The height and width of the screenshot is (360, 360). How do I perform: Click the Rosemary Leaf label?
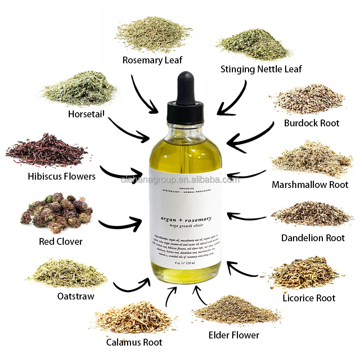(152, 60)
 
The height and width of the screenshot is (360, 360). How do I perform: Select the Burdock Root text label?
(311, 123)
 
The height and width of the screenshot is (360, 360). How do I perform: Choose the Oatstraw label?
(76, 296)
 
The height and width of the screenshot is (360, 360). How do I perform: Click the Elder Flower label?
(234, 335)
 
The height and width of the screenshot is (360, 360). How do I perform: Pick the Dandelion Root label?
(313, 238)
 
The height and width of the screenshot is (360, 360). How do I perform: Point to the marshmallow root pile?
(312, 160)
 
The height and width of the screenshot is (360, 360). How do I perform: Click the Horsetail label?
(86, 114)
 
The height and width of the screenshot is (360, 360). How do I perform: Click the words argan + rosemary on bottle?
(186, 219)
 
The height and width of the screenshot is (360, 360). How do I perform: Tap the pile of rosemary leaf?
(153, 34)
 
